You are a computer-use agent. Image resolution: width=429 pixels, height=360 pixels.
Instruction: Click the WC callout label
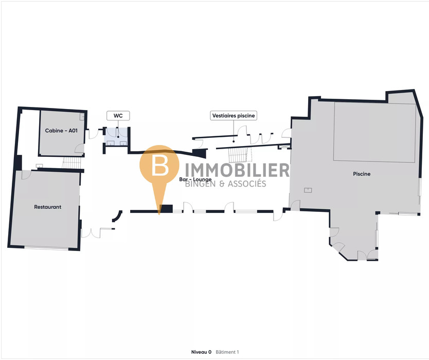tap(118, 116)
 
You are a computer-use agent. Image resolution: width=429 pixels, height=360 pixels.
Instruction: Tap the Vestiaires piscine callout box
tap(234, 116)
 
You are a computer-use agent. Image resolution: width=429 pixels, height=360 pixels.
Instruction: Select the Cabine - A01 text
tap(61, 131)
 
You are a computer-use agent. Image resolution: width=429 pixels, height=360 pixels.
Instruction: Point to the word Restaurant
tap(48, 207)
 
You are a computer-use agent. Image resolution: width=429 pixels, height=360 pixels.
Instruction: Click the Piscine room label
tap(362, 174)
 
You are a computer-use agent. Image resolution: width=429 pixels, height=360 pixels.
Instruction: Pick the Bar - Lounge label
tap(195, 179)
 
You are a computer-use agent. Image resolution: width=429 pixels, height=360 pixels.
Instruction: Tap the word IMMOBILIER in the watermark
tap(237, 170)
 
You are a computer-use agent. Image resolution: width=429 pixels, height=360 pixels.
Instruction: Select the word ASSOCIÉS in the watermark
tap(246, 184)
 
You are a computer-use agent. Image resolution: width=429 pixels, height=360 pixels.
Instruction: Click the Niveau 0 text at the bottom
tap(201, 352)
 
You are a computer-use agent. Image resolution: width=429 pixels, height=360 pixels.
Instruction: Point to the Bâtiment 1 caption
tap(227, 352)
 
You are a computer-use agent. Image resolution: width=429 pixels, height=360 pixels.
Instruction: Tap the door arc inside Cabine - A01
tap(79, 149)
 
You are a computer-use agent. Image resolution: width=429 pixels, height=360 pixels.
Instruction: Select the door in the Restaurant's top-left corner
tap(26, 175)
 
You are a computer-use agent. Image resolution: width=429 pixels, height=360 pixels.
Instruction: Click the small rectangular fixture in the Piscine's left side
tap(308, 190)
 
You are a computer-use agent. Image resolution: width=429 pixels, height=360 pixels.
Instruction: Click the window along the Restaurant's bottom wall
tap(46, 249)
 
